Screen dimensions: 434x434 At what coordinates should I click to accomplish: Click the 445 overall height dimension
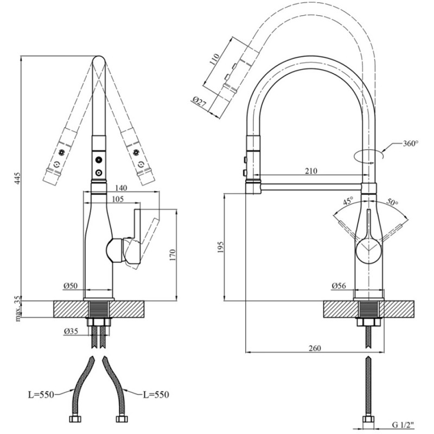click(x=17, y=178)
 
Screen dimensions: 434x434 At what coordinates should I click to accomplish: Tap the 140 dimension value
click(x=121, y=188)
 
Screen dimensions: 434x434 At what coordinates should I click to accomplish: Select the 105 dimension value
click(x=118, y=199)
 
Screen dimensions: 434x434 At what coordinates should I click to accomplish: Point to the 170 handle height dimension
click(x=172, y=255)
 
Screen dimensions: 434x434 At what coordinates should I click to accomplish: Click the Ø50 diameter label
click(x=71, y=286)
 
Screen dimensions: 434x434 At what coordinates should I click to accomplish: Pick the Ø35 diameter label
click(x=71, y=331)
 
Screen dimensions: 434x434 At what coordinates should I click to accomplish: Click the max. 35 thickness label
click(x=18, y=309)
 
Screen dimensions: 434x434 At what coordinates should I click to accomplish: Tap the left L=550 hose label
click(x=41, y=394)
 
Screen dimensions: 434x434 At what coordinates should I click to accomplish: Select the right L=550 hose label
click(x=156, y=394)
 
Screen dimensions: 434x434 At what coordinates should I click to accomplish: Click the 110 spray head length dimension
click(x=214, y=59)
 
